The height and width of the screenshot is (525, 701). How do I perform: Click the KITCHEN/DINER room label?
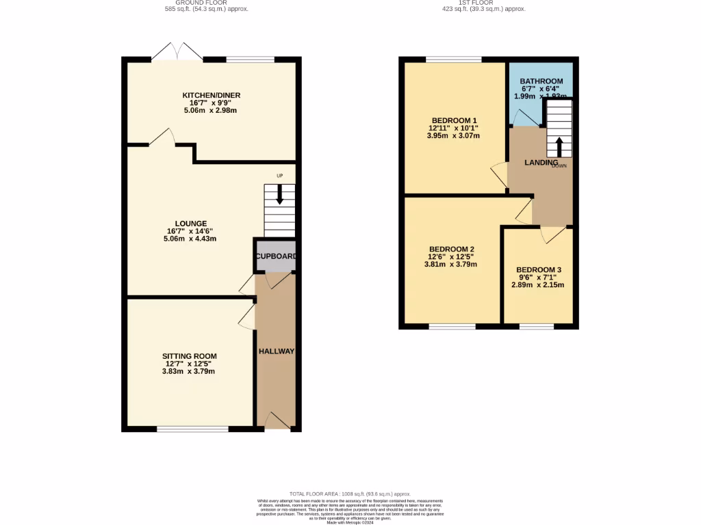pyautogui.click(x=211, y=95)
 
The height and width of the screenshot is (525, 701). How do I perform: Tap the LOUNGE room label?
pyautogui.click(x=190, y=223)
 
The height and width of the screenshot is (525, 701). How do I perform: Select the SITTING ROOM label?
pyautogui.click(x=189, y=356)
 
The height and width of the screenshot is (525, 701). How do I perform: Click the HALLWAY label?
pyautogui.click(x=276, y=351)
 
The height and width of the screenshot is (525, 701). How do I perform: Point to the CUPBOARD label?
pyautogui.click(x=276, y=256)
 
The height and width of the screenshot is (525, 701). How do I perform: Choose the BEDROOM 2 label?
pyautogui.click(x=452, y=249)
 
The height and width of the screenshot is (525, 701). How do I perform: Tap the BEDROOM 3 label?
pyautogui.click(x=538, y=270)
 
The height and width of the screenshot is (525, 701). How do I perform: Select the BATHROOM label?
pyautogui.click(x=541, y=81)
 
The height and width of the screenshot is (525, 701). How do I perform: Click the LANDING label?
pyautogui.click(x=541, y=163)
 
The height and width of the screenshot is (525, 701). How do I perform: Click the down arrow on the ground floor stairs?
pyautogui.click(x=279, y=196)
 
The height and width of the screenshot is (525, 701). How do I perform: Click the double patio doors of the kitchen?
pyautogui.click(x=177, y=52)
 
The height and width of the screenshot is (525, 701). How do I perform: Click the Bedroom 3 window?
pyautogui.click(x=536, y=327)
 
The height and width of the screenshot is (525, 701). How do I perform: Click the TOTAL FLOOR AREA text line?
pyautogui.click(x=349, y=494)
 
